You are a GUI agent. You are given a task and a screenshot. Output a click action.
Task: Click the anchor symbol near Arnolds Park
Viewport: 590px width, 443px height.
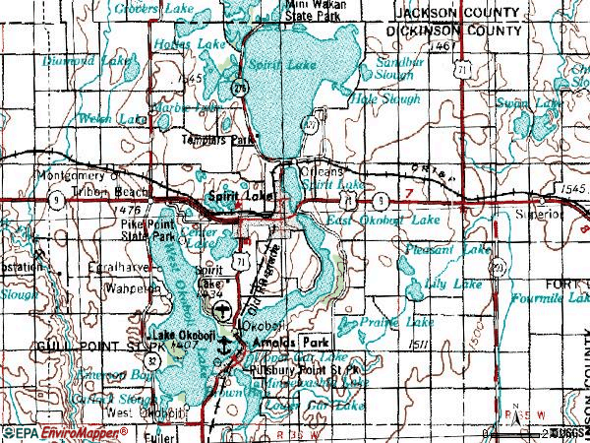pyautogui.click(x=225, y=345)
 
